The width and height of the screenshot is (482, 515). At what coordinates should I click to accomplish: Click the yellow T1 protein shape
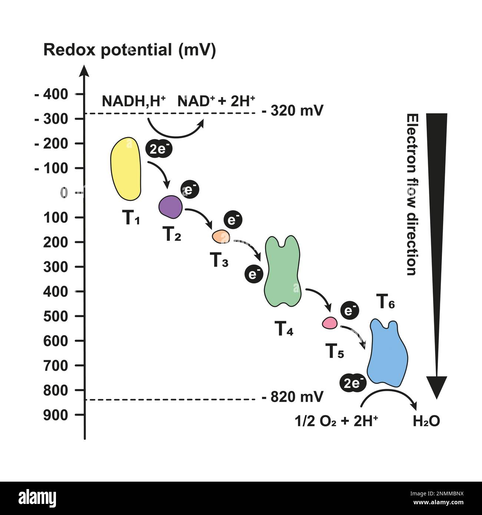pos(126,169)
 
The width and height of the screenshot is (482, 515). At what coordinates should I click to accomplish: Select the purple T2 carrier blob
pos(171,207)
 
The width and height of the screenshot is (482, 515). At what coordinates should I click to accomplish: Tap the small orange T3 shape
pos(221,236)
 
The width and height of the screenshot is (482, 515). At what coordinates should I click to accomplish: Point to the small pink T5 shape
pos(329,323)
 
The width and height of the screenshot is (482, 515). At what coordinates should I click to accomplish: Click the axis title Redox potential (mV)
pos(129,50)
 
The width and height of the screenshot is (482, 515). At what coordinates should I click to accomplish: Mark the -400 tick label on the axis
pos(52,94)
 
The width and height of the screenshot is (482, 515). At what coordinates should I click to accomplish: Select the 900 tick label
pos(56,415)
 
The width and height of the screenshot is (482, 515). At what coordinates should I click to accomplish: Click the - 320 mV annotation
pos(293,110)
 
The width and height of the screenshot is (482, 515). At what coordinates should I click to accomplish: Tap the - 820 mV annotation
pos(293,397)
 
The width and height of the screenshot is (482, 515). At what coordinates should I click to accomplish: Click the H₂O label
pos(426,421)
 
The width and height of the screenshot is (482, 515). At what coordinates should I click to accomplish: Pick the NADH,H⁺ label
pos(133,101)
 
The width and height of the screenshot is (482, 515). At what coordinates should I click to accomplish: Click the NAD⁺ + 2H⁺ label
pos(216,101)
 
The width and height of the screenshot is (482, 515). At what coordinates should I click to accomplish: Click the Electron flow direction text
pos(411,195)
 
